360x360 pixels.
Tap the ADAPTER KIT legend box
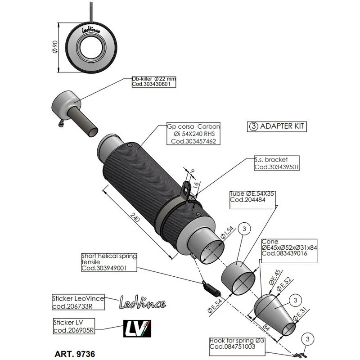[277, 126]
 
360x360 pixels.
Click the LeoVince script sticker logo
[142, 302]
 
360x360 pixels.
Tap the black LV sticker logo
[137, 328]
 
